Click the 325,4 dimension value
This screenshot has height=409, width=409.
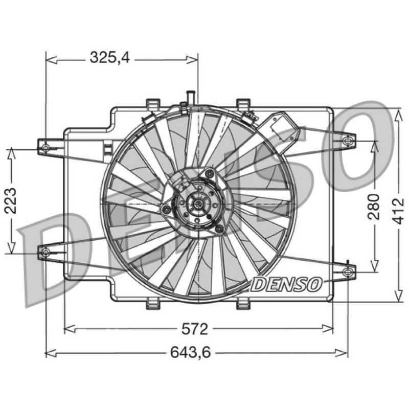tap(109, 57)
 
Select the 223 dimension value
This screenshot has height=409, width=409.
tap(11, 201)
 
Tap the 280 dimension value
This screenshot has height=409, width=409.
tap(374, 207)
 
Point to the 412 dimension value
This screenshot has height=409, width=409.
tap(398, 211)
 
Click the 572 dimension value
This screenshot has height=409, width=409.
tap(195, 329)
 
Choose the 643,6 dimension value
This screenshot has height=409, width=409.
tap(190, 353)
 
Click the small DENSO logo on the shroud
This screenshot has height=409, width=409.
tap(287, 284)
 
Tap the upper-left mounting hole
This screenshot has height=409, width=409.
tap(46, 148)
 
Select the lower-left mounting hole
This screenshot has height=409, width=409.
tap(46, 252)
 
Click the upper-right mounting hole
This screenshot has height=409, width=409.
tap(347, 141)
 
